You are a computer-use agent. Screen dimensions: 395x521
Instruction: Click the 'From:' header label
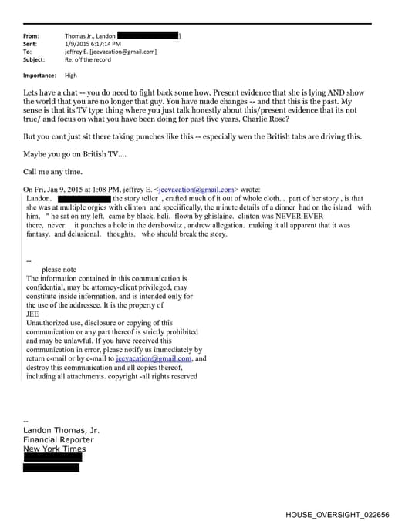pyautogui.click(x=32, y=36)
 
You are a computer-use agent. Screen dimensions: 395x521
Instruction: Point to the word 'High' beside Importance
pyautogui.click(x=71, y=76)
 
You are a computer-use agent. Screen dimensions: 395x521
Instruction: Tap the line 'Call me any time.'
pyautogui.click(x=52, y=171)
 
